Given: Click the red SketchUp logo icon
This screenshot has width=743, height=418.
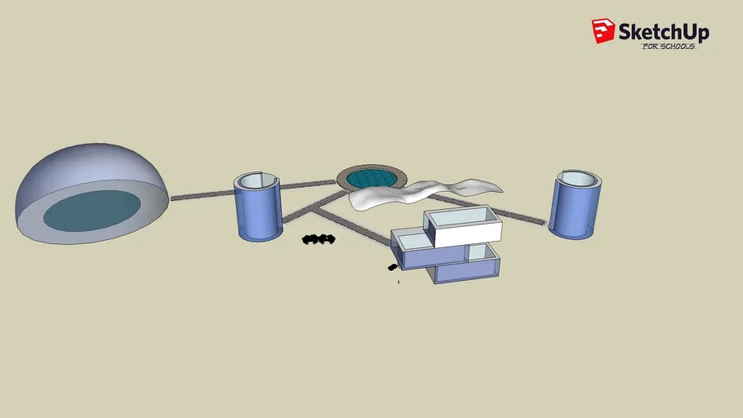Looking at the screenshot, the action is coord(603,31).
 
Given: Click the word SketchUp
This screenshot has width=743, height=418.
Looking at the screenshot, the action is coord(664,32).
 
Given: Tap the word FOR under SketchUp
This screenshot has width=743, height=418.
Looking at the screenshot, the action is coord(650,47).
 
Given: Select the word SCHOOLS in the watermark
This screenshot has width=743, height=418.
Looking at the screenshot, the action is coord(678,47).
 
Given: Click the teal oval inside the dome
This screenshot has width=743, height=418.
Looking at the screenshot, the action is coord(92,211).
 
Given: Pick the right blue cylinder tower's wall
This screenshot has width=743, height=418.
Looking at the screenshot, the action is coord(574,213).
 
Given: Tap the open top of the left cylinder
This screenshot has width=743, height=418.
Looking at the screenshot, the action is coord(256,180).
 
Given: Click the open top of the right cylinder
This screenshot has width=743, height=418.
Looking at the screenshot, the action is coord(579,178).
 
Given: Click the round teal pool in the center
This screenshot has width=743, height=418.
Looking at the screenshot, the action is coord(371,179).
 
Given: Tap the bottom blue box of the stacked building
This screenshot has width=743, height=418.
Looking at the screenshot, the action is coord(467,271).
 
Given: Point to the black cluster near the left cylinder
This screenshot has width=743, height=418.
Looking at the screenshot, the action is coord(318,239).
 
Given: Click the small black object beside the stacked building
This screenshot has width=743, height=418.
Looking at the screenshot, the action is coord(393,268).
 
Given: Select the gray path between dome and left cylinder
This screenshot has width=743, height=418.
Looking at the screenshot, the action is coord(202,195).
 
